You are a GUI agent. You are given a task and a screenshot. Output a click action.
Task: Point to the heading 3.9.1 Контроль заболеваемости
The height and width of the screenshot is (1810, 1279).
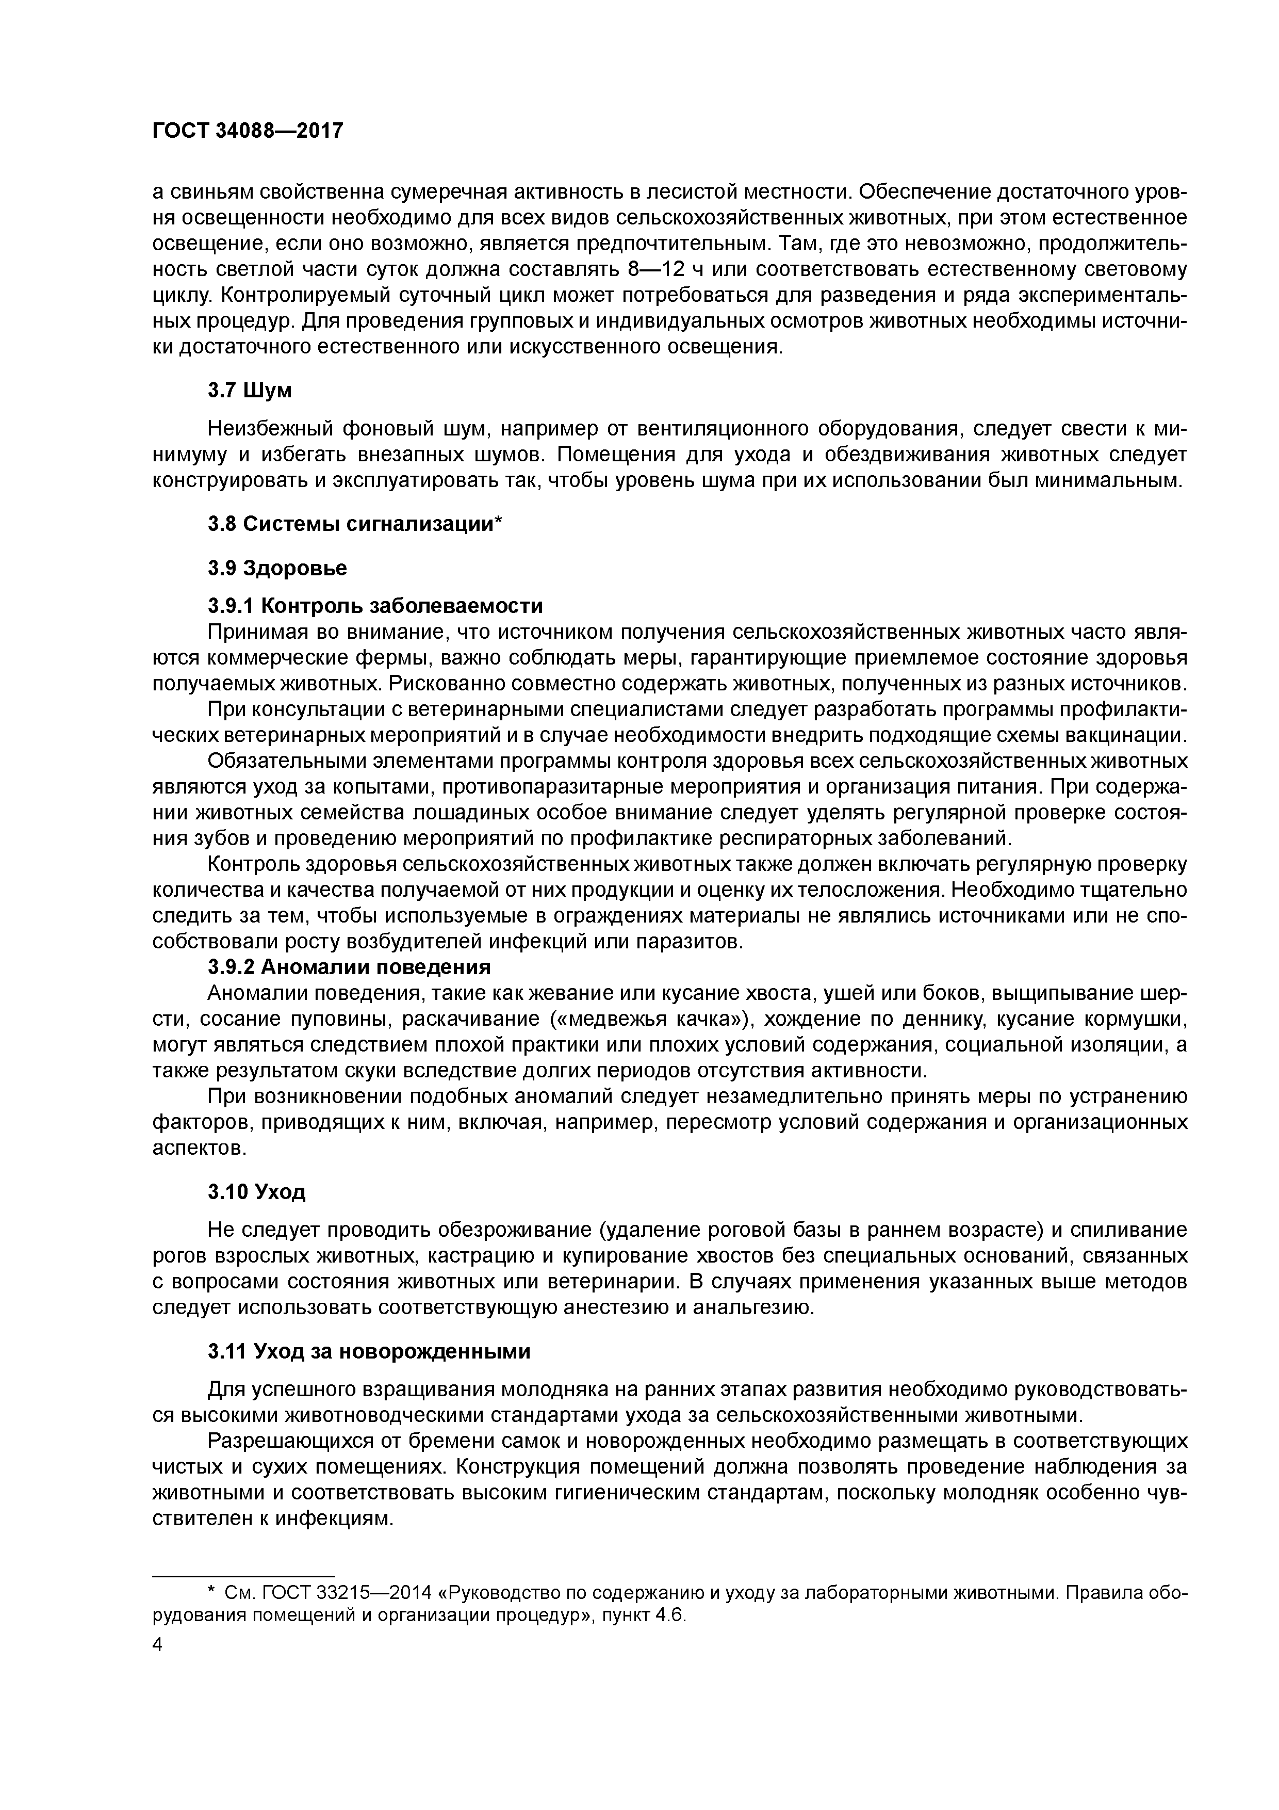click(x=375, y=605)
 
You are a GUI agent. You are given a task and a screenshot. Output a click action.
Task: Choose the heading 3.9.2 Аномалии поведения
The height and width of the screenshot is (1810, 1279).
click(x=349, y=966)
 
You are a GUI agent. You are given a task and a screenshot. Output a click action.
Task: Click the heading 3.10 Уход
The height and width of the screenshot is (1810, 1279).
click(x=256, y=1191)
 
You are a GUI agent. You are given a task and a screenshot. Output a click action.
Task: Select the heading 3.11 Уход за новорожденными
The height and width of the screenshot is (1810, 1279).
click(x=369, y=1351)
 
